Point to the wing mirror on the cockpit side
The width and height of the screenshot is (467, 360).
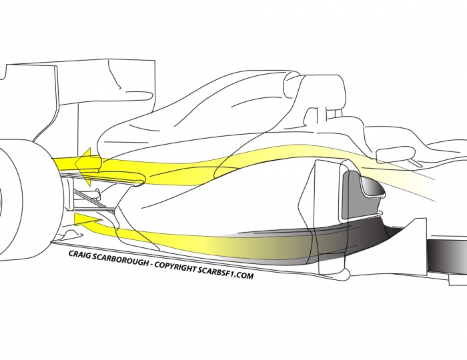[x=396, y=153]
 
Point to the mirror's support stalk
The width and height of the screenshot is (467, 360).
[x=416, y=163]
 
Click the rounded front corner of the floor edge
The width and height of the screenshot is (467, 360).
[x=346, y=274]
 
